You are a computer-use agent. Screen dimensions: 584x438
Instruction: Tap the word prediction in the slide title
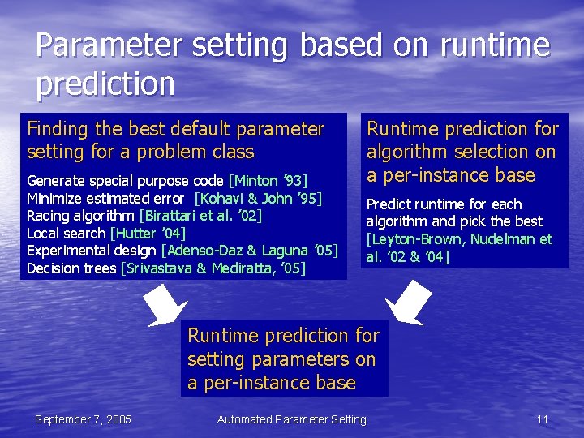click(x=105, y=84)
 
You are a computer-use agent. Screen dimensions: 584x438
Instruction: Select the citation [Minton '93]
click(x=268, y=181)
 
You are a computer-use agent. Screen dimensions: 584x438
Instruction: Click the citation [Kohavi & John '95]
click(x=258, y=199)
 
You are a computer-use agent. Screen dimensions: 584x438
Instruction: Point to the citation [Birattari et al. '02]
click(x=201, y=216)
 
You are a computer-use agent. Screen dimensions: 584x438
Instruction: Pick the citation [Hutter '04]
click(x=148, y=234)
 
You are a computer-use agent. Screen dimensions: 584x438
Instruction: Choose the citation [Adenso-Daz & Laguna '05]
click(x=250, y=251)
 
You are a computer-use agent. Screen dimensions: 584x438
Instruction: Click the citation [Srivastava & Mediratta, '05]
click(x=213, y=268)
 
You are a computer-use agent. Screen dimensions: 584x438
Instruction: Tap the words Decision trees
click(x=71, y=268)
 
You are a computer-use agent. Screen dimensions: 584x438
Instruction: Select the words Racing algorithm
click(x=80, y=217)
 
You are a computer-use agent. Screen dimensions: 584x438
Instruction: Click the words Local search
click(x=67, y=234)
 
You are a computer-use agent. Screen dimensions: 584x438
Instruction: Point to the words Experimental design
click(x=92, y=251)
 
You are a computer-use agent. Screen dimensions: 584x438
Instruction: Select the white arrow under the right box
click(x=409, y=303)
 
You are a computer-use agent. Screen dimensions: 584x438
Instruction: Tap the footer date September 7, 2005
click(x=83, y=420)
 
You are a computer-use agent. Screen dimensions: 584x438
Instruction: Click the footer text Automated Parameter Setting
click(x=292, y=420)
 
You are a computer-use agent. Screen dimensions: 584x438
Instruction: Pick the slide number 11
click(x=543, y=420)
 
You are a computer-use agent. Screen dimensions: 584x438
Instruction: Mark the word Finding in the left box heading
click(x=58, y=131)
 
